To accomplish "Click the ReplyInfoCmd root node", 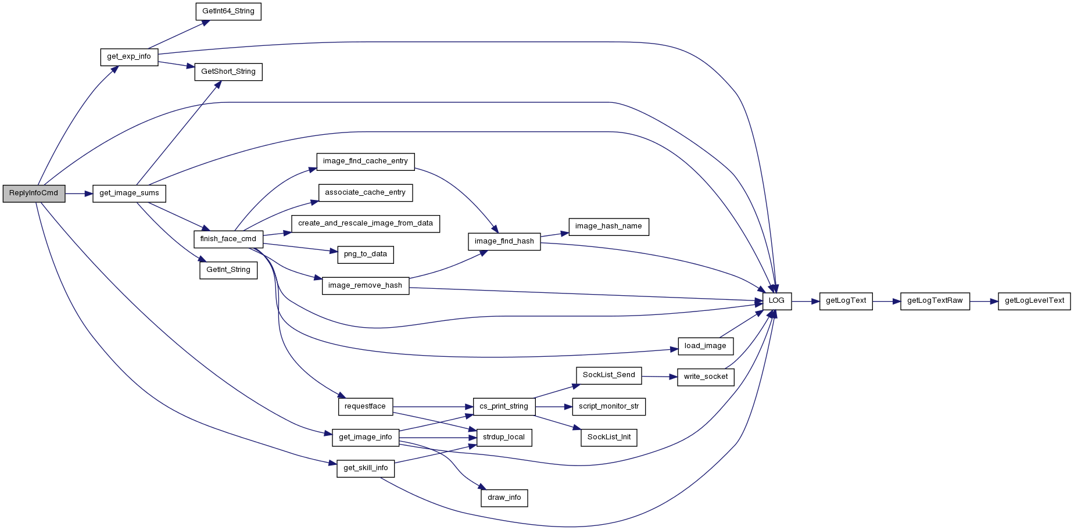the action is pyautogui.click(x=34, y=194).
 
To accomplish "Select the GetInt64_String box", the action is pyautogui.click(x=228, y=12).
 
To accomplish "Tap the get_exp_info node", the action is pyautogui.click(x=129, y=57).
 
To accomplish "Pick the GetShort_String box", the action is pyautogui.click(x=228, y=72).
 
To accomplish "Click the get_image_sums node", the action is pyautogui.click(x=129, y=194).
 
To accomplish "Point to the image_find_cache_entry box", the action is pyautogui.click(x=366, y=162).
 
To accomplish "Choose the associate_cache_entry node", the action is pyautogui.click(x=366, y=193).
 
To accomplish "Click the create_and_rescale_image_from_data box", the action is pyautogui.click(x=366, y=224).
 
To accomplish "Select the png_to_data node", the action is pyautogui.click(x=366, y=255).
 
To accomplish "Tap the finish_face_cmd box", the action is pyautogui.click(x=228, y=239).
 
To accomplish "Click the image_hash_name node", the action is pyautogui.click(x=608, y=227).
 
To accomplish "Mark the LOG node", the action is pyautogui.click(x=777, y=301).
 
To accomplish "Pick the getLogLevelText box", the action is pyautogui.click(x=1034, y=301).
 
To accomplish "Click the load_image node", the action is pyautogui.click(x=706, y=346).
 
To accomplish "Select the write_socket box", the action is pyautogui.click(x=706, y=377).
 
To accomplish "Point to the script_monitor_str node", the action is pyautogui.click(x=609, y=407).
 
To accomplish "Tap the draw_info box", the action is pyautogui.click(x=504, y=498).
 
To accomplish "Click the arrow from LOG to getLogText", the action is pyautogui.click(x=806, y=302).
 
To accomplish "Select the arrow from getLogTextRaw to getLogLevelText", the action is pyautogui.click(x=984, y=302).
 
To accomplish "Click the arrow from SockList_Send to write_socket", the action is pyautogui.click(x=660, y=377).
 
